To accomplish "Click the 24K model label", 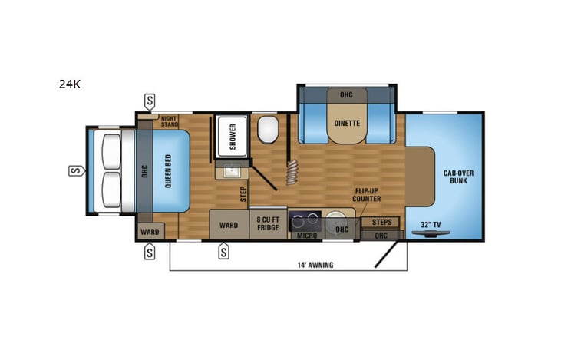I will pos(69,84).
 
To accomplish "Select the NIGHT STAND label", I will pos(169,121).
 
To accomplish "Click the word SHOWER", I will pos(233,135).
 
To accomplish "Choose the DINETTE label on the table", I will pos(347,123).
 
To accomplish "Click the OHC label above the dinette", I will pos(347,94).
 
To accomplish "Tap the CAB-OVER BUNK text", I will pos(458,177).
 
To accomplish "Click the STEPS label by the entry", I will pos(381,222).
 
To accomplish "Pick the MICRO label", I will pos(307,235).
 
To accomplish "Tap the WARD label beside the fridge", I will pos(228,225).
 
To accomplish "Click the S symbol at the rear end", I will pos(76,170).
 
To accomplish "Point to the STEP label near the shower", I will pos(243,195).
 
